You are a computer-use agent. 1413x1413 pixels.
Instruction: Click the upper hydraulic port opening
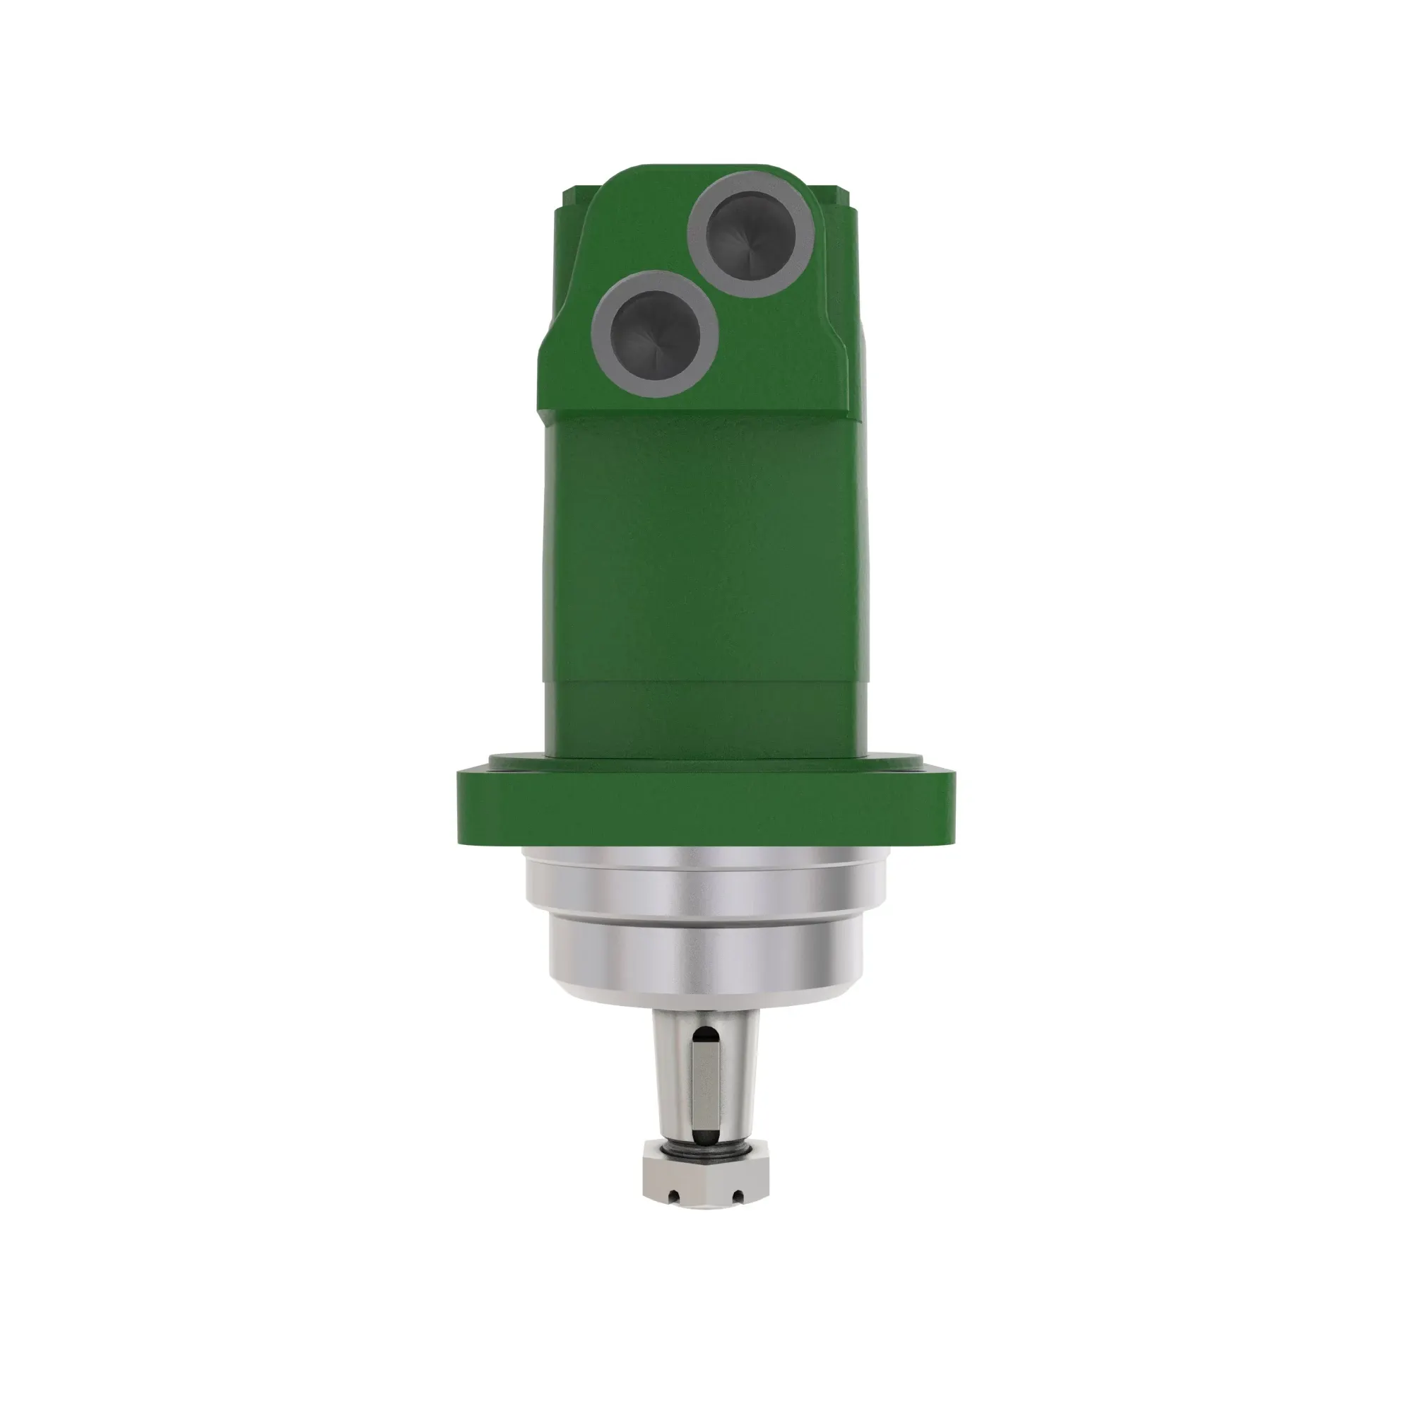(752, 235)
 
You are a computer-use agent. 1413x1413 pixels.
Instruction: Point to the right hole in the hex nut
(737, 1198)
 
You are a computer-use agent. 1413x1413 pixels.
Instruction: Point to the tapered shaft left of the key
(673, 1082)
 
